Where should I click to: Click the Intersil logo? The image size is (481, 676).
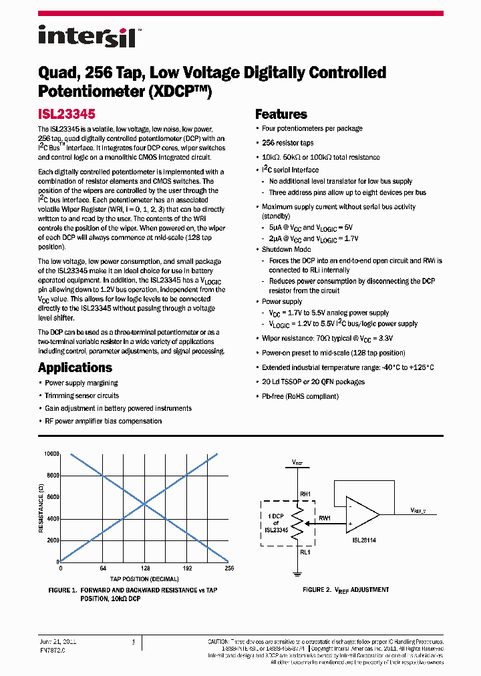(x=87, y=37)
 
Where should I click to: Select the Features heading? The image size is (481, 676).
(x=281, y=114)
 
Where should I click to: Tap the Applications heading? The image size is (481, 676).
(x=75, y=367)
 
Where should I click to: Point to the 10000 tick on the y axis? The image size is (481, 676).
(x=52, y=454)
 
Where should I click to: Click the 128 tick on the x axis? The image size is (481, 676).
(x=144, y=568)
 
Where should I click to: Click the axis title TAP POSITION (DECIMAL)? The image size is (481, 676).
(x=144, y=578)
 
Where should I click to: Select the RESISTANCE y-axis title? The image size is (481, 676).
(x=41, y=508)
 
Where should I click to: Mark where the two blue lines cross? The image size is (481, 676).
(x=145, y=504)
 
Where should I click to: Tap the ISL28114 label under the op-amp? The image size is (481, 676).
(x=365, y=540)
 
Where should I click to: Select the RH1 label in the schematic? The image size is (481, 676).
(x=305, y=494)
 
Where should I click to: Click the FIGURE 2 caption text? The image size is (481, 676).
(x=345, y=590)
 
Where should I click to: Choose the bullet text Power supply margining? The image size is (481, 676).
(x=81, y=383)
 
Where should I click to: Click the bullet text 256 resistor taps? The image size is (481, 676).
(x=287, y=143)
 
